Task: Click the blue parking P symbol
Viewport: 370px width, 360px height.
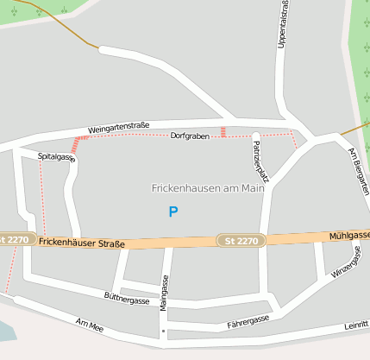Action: click(173, 212)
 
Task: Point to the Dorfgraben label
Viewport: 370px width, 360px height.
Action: click(190, 136)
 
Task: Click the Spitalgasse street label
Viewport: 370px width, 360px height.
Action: click(57, 157)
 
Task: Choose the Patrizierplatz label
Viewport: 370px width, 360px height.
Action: click(260, 161)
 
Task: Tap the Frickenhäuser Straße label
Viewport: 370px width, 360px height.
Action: click(82, 243)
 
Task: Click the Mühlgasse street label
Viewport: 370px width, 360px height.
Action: click(350, 235)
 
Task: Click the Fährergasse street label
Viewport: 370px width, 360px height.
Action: click(248, 321)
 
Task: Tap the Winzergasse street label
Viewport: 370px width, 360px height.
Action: click(347, 262)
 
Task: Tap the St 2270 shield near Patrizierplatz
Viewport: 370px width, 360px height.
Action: click(241, 240)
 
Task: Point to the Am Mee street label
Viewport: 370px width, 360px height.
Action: click(89, 325)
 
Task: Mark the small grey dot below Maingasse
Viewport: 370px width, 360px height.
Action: click(163, 331)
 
